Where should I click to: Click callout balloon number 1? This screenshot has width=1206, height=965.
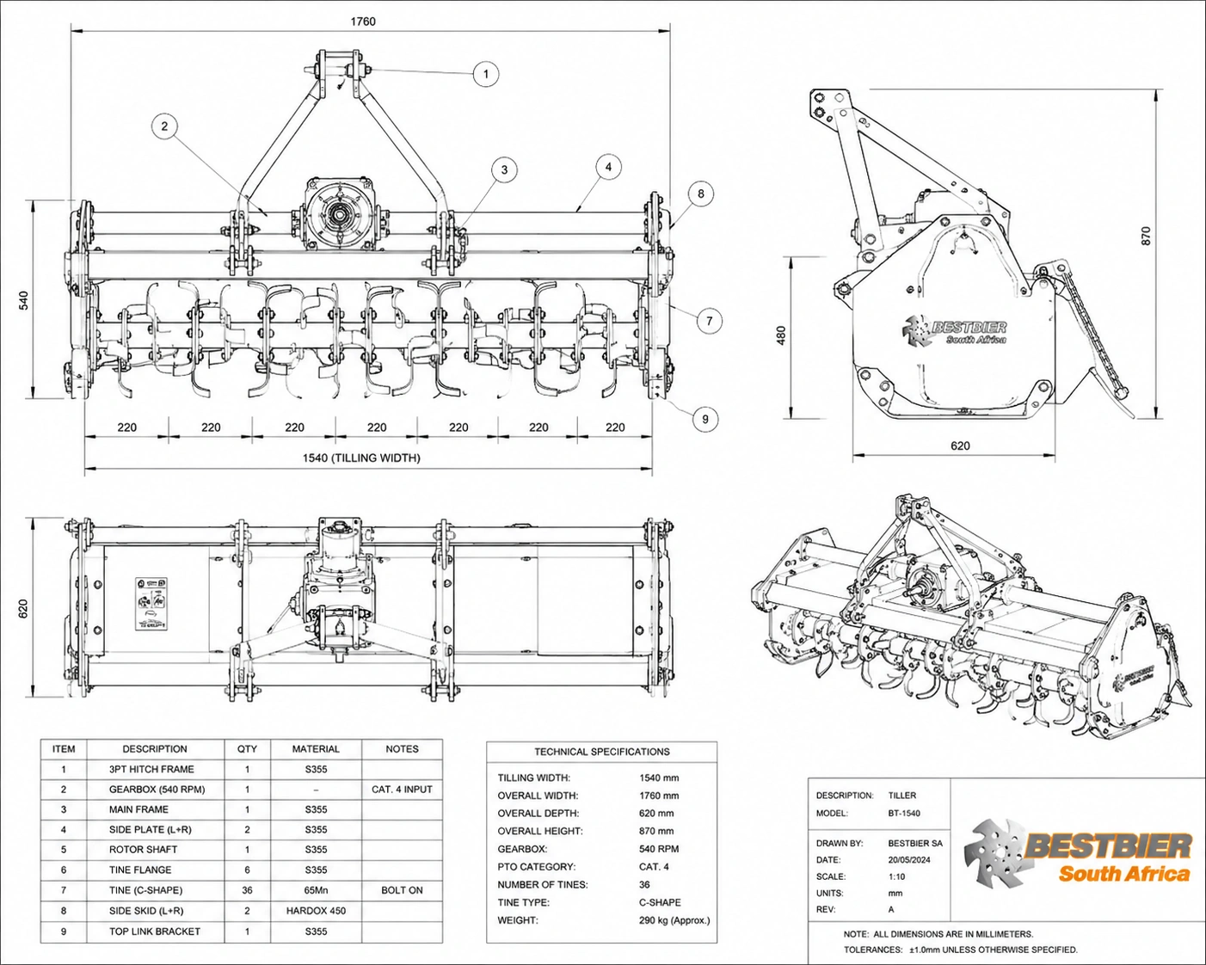tap(486, 74)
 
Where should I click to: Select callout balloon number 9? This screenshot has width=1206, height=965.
tap(705, 419)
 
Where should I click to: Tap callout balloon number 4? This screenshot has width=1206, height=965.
tap(608, 167)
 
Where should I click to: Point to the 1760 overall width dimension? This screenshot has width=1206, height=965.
tap(363, 22)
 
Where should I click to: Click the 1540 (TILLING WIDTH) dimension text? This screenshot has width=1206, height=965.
tap(361, 458)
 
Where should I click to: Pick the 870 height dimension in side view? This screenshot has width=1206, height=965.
tap(1146, 236)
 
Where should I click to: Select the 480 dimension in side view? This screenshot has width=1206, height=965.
tap(781, 335)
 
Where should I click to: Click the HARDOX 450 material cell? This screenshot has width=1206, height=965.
tap(316, 911)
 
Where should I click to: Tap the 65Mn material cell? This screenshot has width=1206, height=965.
tap(316, 890)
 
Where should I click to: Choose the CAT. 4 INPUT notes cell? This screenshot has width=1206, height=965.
tap(402, 790)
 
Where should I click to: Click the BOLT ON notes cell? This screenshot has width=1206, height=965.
tap(402, 890)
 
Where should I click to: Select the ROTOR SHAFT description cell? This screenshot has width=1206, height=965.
tap(143, 850)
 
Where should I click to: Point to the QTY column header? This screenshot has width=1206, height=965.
tap(247, 749)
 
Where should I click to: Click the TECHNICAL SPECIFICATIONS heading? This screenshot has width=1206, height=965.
tap(602, 752)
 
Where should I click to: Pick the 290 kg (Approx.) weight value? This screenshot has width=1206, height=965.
tap(674, 920)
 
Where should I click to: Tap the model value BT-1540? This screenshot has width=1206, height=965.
tap(904, 813)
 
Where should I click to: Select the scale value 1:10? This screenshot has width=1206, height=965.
tap(896, 876)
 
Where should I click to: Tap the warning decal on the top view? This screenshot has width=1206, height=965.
tap(151, 604)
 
